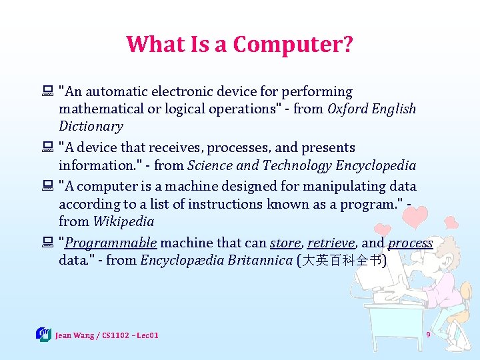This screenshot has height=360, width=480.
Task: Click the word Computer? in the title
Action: point(293,45)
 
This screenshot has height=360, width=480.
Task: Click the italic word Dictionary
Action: point(91,127)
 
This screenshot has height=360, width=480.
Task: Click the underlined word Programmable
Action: point(111,243)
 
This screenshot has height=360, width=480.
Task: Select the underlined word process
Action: point(410,243)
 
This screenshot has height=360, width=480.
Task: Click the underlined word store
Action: point(285,243)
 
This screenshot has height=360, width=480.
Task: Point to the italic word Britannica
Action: point(259,261)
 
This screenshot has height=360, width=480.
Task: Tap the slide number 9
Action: point(428,333)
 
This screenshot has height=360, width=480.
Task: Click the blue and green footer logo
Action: point(43,334)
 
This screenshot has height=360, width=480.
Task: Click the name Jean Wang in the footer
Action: point(75,335)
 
